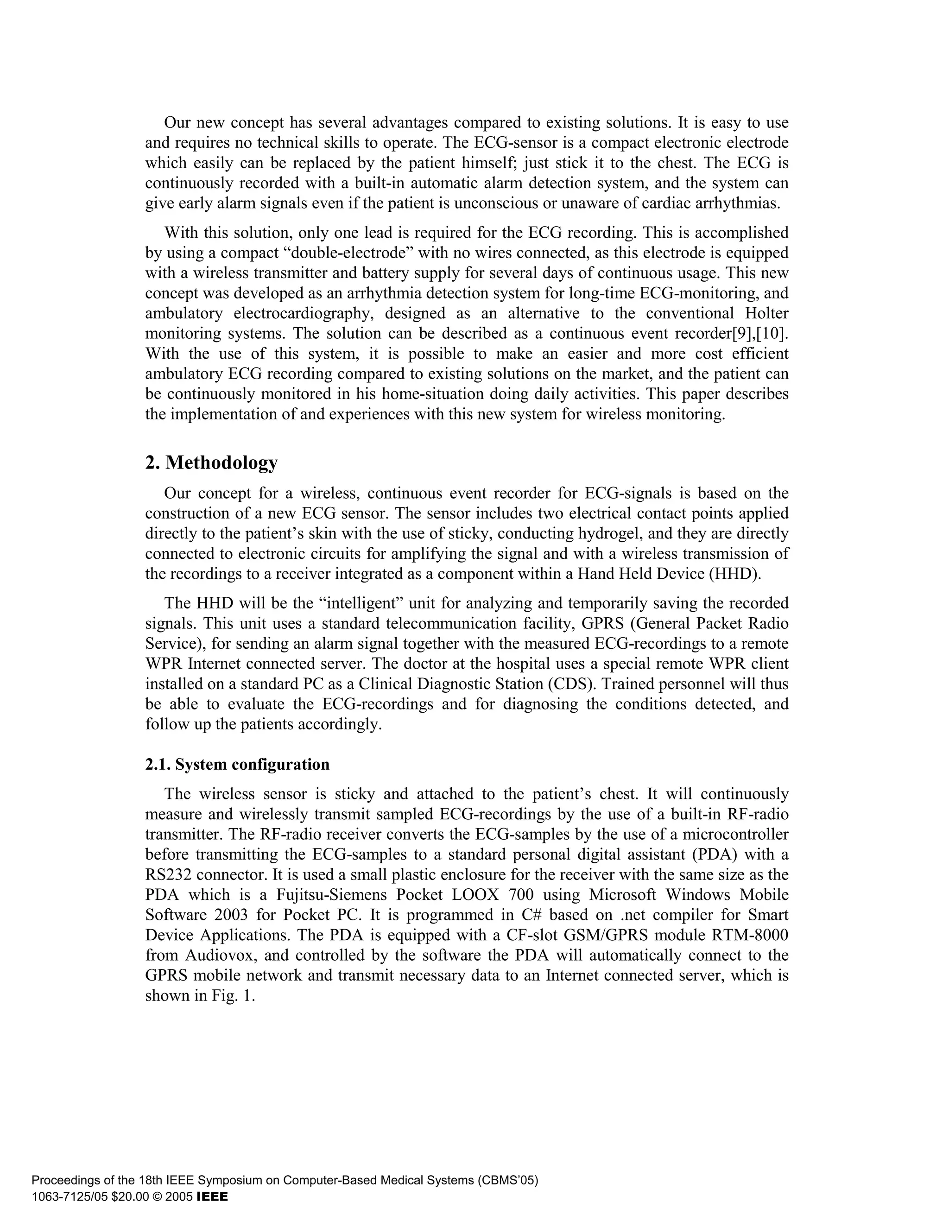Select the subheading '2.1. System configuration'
tap(237, 764)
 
